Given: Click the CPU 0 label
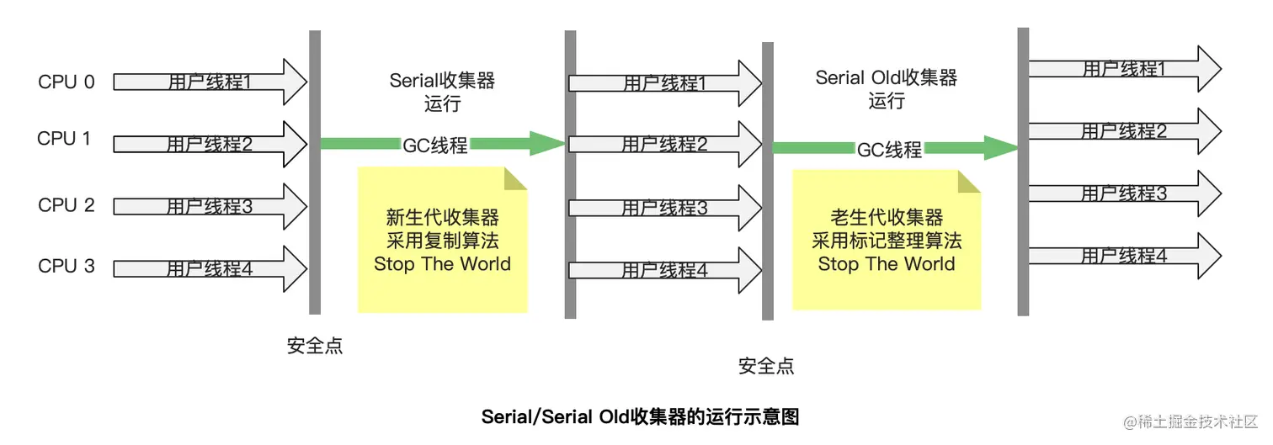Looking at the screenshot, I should [x=67, y=82].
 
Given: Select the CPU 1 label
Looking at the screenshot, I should [x=64, y=139].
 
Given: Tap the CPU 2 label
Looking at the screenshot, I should [x=67, y=205].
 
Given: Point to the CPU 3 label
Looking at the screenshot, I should [x=67, y=267].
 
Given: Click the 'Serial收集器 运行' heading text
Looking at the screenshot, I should [x=442, y=92].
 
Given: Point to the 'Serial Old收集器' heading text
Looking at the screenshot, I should [x=887, y=78].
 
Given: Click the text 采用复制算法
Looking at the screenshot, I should [x=442, y=241].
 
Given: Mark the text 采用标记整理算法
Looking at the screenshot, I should [x=887, y=241].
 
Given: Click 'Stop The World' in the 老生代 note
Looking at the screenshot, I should [x=887, y=264].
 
